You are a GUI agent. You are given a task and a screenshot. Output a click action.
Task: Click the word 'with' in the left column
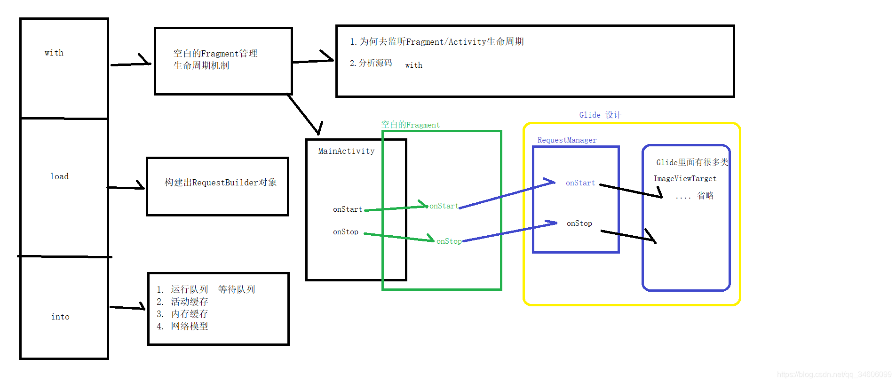(x=54, y=53)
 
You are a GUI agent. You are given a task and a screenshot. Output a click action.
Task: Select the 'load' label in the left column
(x=59, y=176)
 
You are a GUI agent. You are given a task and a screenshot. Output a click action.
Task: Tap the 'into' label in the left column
(x=60, y=317)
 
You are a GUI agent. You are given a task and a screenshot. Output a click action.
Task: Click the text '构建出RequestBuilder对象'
(x=220, y=183)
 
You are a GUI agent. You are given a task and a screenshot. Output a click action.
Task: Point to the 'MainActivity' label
(x=346, y=151)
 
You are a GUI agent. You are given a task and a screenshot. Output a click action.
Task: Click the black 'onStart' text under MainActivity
(x=348, y=209)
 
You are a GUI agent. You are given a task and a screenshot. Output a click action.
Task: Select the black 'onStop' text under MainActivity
(x=346, y=232)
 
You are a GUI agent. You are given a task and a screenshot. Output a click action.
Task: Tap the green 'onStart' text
(x=444, y=206)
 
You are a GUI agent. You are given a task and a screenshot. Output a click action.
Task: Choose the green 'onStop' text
(x=449, y=241)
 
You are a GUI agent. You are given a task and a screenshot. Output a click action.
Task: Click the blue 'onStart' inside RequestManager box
(x=580, y=183)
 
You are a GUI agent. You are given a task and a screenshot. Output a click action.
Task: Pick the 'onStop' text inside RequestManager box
(x=579, y=223)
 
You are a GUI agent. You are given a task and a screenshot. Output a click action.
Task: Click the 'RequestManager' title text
(x=567, y=140)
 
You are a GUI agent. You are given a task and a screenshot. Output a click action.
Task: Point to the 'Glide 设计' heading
(x=600, y=115)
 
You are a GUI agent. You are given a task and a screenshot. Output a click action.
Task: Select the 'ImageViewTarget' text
(x=684, y=179)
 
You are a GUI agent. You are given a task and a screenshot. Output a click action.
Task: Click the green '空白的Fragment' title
(x=410, y=125)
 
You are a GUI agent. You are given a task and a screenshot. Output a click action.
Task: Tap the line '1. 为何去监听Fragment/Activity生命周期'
(x=436, y=42)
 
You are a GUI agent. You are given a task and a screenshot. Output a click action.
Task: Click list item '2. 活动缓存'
(x=182, y=302)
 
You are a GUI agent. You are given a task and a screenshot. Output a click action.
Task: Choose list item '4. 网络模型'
(x=182, y=326)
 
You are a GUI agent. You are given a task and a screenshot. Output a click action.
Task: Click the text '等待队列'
(x=236, y=289)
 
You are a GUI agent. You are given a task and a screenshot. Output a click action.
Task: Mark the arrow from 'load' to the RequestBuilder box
(x=126, y=187)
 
